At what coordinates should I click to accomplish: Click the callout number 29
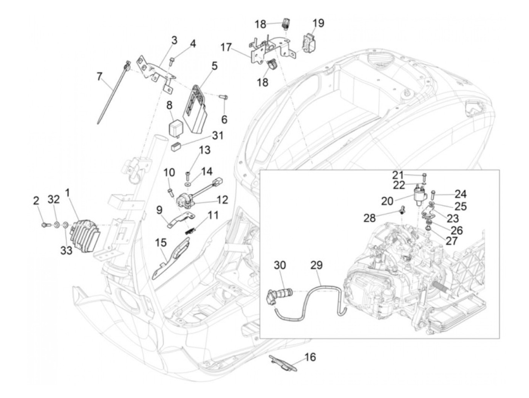317,265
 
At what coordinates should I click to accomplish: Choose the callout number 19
319,23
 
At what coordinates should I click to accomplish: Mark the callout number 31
217,135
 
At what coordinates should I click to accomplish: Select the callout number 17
226,47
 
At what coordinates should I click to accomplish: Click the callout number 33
66,250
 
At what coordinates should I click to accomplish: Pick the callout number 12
222,200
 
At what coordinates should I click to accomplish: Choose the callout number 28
370,218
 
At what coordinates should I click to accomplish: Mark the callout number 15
161,243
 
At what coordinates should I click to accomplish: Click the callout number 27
452,241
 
